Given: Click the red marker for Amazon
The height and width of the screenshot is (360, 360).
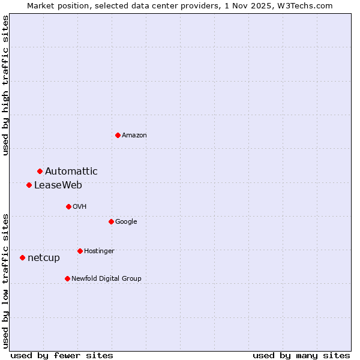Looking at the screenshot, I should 118,135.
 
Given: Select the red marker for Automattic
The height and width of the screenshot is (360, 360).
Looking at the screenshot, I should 40,171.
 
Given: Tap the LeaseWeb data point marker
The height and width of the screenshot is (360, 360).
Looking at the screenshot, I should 29,185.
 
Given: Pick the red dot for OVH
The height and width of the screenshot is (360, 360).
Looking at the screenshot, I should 68,206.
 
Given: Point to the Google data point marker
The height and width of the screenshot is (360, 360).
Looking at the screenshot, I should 111,221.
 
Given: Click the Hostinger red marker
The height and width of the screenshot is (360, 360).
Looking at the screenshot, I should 80,251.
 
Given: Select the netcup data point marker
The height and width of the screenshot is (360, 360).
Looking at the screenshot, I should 22,257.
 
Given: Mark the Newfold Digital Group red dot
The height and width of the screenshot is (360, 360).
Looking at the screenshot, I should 67,278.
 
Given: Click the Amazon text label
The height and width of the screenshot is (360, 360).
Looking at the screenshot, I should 134,136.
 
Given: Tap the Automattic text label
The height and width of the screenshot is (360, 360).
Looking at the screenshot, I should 71,172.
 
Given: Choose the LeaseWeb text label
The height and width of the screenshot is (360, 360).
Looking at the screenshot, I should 58,185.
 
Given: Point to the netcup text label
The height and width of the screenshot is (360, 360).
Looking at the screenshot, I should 44,258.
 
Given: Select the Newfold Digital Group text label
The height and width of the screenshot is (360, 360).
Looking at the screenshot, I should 106,279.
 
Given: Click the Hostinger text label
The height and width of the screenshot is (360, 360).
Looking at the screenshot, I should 99,251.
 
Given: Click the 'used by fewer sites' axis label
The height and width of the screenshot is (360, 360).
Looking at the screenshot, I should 62,356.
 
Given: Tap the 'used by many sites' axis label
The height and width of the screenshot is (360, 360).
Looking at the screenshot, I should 301,356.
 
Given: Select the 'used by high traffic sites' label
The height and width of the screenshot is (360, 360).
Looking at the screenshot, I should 5,85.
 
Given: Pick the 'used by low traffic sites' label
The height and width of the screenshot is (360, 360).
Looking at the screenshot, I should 5,280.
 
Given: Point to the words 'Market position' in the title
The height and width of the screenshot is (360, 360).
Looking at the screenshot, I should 55,5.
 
